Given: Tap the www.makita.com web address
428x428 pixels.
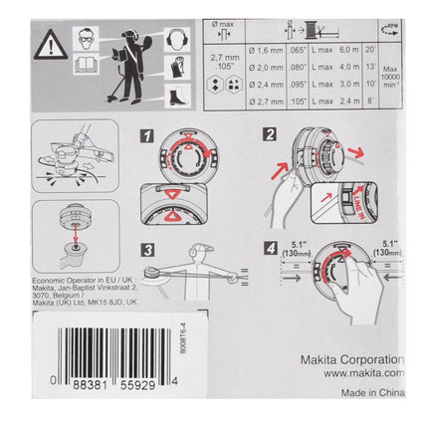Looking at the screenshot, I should coord(355,375).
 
